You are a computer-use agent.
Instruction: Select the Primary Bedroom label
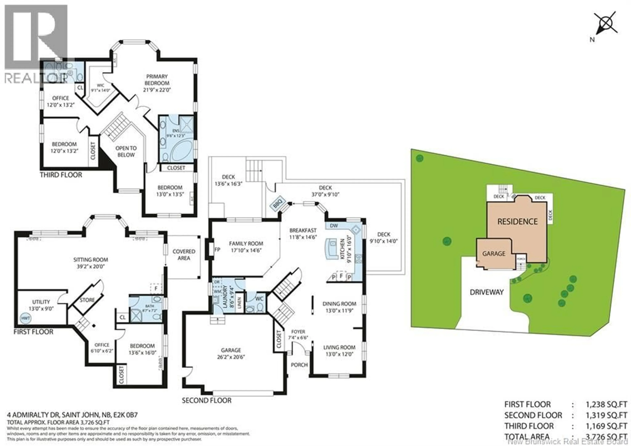(157, 80)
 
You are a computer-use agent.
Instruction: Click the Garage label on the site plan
(494, 253)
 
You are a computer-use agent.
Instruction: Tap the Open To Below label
(126, 151)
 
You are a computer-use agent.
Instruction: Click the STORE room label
(87, 300)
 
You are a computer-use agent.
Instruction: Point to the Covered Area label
(184, 255)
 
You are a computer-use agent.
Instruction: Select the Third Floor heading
(61, 175)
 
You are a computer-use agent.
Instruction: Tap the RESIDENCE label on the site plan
(517, 221)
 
